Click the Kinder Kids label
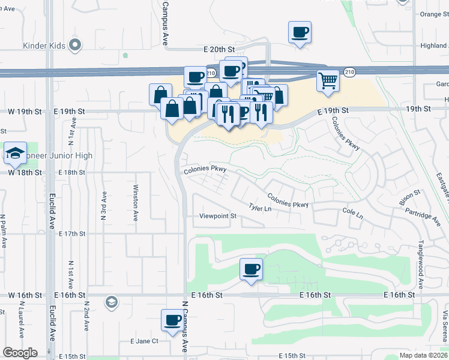43,45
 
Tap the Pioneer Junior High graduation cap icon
15,153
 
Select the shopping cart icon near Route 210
328,80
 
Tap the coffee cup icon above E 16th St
252,269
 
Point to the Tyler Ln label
260,208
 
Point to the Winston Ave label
136,202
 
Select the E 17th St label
74,233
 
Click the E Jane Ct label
144,341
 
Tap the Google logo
20,353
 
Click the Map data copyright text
423,356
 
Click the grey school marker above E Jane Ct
110,301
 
